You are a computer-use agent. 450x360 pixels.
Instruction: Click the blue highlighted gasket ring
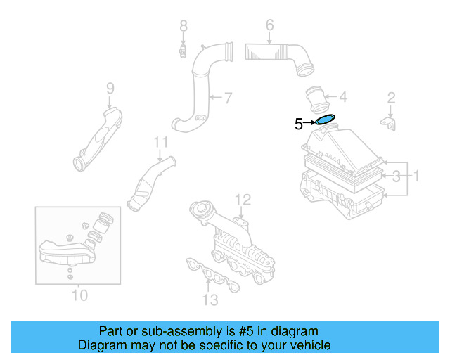coord(326,120)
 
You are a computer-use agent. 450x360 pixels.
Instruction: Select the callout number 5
coord(298,124)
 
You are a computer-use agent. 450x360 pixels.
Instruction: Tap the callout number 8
coord(184,27)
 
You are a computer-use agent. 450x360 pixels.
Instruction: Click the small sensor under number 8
coord(182,51)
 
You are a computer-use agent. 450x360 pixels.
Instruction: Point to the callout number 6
coord(269,27)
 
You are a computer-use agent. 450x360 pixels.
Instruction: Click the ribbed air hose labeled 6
coord(277,55)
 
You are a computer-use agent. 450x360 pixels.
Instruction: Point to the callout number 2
coord(392,98)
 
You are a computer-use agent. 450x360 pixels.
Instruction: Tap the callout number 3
coord(397,176)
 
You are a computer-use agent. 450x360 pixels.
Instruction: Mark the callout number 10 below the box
coord(79,295)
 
